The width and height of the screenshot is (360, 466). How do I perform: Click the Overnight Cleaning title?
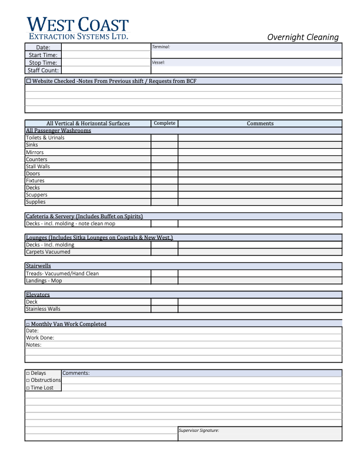303,37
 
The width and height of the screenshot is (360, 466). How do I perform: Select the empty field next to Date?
106,47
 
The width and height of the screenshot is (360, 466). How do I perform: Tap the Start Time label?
43,55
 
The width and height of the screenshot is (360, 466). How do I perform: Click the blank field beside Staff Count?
106,70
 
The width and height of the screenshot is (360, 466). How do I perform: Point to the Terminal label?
161,46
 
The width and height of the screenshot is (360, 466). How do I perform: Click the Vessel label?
158,62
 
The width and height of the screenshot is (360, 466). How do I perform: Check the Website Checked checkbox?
29,81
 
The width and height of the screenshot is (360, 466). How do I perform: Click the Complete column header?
164,124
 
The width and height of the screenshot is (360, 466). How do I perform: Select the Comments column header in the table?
260,124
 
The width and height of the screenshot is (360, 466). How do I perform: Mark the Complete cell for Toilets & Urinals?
164,138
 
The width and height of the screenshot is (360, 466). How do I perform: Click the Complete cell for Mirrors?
164,152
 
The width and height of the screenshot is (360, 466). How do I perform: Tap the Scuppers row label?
36,195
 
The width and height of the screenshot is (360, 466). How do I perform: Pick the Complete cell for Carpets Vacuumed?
164,252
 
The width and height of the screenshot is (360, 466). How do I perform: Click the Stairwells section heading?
38,266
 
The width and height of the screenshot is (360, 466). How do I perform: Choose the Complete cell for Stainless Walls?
164,309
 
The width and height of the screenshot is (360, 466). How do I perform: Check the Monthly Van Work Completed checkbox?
28,324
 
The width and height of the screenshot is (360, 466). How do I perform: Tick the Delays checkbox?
28,374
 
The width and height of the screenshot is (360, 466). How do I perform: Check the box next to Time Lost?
28,388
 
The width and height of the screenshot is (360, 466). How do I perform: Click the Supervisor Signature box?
259,434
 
